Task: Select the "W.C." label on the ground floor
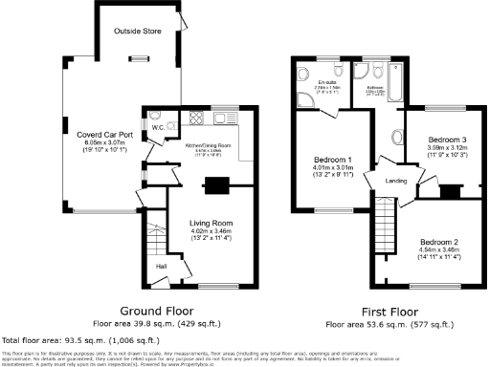pyautogui.click(x=156, y=126)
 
